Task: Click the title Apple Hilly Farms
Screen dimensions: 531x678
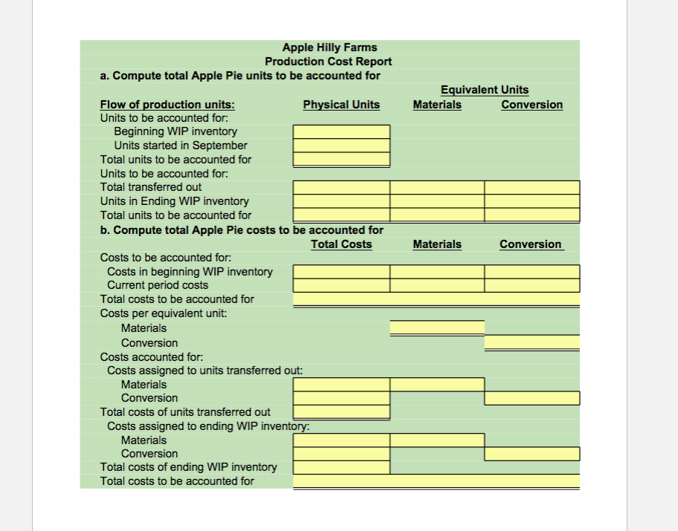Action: click(329, 48)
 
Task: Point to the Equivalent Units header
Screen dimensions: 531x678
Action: click(485, 90)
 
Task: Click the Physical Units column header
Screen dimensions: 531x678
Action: click(341, 105)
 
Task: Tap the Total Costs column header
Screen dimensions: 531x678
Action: click(341, 244)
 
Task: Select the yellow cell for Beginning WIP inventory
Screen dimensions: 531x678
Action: click(341, 131)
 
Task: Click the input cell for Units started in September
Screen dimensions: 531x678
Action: click(341, 146)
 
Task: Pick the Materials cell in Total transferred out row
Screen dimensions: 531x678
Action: click(437, 187)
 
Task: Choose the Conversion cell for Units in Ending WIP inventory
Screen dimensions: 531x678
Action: click(532, 201)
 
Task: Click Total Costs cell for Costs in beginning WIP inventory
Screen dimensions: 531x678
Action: click(341, 272)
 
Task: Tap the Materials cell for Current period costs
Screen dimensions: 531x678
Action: click(437, 285)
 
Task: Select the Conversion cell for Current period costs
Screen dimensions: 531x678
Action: click(532, 285)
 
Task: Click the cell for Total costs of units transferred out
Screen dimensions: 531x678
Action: click(341, 411)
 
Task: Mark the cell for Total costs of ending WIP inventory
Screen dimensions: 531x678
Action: click(341, 467)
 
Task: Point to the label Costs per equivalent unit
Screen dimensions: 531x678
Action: click(164, 313)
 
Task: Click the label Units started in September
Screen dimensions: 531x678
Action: click(180, 146)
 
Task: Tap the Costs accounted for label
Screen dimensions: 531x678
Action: click(146, 357)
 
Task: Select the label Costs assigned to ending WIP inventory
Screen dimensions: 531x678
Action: click(208, 426)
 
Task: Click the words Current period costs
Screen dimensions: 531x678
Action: click(158, 285)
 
